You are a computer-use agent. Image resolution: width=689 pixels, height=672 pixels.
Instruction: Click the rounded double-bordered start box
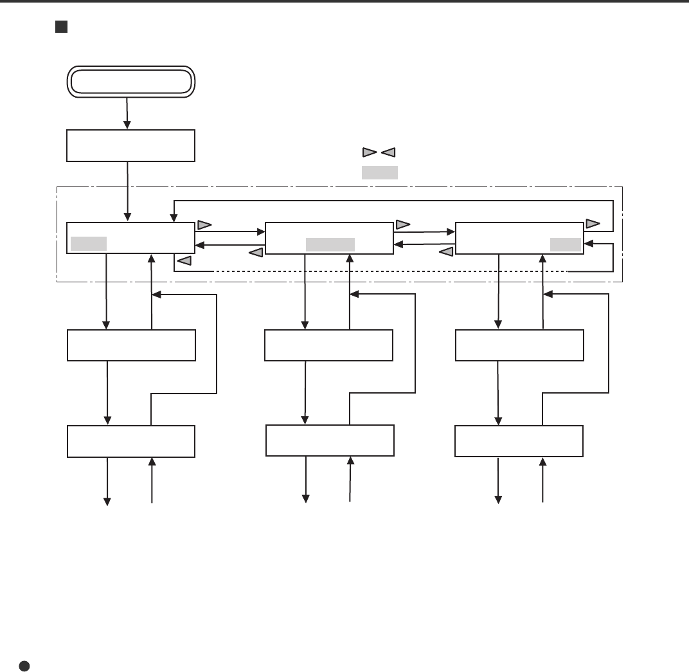tap(130, 82)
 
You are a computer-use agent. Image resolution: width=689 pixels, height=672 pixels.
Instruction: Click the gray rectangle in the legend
tap(379, 172)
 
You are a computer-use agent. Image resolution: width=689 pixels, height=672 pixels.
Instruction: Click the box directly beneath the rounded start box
tap(130, 145)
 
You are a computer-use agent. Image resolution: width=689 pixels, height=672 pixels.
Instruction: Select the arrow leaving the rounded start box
tap(127, 113)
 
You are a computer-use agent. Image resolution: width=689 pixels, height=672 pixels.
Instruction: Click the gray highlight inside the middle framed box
tap(330, 244)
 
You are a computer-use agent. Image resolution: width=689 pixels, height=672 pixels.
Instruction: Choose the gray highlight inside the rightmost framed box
tap(566, 244)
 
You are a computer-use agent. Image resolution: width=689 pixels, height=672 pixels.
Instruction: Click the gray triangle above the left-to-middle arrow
tap(204, 225)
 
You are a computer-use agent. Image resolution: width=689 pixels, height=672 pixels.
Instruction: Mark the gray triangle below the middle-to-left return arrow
tap(256, 253)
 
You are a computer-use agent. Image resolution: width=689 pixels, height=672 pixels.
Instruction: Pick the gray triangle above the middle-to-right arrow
tap(403, 225)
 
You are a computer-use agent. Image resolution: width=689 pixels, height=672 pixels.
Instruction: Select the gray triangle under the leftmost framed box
tap(184, 260)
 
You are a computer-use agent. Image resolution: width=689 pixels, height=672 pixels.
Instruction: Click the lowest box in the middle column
tap(330, 441)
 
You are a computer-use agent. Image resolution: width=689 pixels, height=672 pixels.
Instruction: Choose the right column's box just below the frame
tap(519, 345)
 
